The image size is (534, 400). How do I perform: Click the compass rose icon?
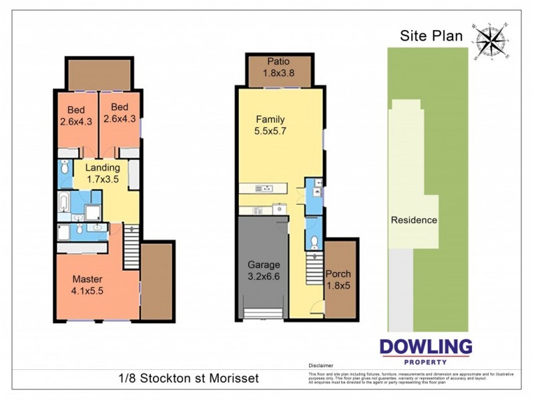(491, 41)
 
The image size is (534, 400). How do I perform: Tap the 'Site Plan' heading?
(431, 36)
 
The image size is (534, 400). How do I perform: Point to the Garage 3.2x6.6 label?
(264, 271)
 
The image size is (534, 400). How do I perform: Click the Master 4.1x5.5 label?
(88, 285)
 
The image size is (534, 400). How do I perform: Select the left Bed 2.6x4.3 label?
(75, 114)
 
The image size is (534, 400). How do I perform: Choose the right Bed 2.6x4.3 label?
(119, 114)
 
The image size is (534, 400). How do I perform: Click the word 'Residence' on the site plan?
(414, 220)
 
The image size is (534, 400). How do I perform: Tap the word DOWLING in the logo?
(426, 347)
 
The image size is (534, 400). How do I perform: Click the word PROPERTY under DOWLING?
(426, 361)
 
